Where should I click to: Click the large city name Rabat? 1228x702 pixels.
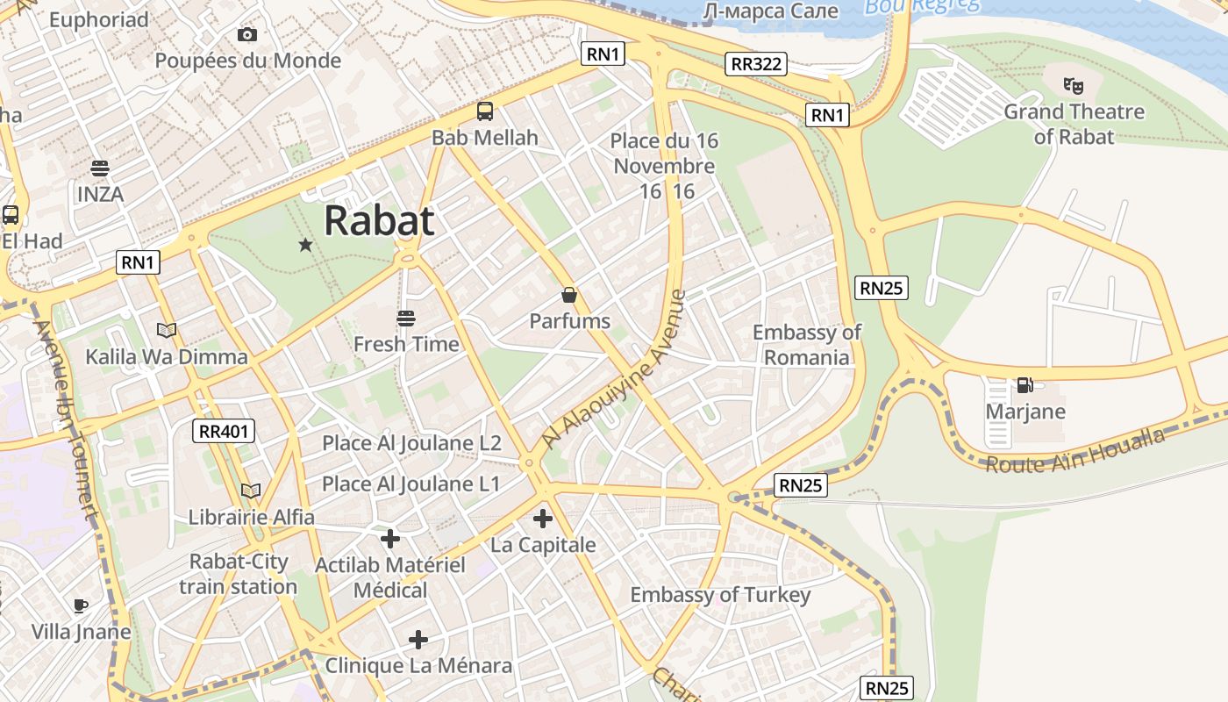tap(379, 221)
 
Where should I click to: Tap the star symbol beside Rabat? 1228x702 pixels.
tap(305, 245)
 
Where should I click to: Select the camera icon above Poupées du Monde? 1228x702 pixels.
tap(247, 34)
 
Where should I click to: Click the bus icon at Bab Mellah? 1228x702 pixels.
tap(484, 111)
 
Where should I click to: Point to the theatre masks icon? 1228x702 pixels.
tap(1073, 85)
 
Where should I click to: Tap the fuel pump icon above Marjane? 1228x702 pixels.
tap(1024, 384)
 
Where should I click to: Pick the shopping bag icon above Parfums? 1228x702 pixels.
tap(569, 295)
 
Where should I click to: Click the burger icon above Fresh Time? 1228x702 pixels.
tap(405, 318)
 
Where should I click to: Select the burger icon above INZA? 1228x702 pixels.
tap(100, 168)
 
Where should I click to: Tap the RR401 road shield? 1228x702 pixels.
tap(224, 431)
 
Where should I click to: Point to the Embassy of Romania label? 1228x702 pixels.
tap(806, 345)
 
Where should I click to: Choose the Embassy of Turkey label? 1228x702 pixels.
tap(720, 595)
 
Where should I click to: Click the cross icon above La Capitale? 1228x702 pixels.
tap(543, 519)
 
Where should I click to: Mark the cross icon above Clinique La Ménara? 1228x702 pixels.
tap(418, 640)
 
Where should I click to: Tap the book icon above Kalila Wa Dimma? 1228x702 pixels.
tap(167, 331)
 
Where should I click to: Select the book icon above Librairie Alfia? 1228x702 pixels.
tap(251, 491)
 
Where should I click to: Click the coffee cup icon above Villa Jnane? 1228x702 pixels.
tap(81, 605)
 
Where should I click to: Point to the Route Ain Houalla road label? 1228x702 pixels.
tap(1075, 451)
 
